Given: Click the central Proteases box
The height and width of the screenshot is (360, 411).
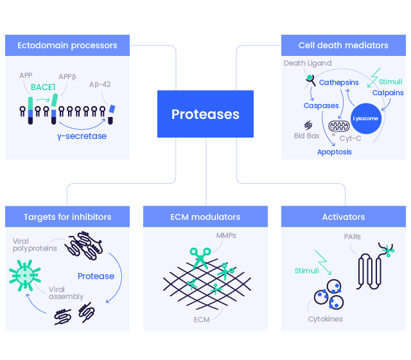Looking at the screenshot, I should point(205,114).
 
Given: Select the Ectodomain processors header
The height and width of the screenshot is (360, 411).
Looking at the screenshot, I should point(67,46).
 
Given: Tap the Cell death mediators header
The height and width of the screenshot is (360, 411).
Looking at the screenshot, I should point(343,46).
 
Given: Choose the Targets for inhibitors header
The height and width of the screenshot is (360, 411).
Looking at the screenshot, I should point(67,217).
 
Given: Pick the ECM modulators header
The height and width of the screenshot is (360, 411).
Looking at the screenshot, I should point(205,217).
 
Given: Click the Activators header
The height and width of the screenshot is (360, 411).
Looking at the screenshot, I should point(343,217).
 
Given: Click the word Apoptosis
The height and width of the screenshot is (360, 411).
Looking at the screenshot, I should point(334,152).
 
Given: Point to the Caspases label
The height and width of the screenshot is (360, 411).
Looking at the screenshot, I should point(321,105).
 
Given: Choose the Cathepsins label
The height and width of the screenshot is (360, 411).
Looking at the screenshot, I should point(338,83).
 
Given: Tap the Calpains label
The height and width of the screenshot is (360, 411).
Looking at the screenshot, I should point(388,93).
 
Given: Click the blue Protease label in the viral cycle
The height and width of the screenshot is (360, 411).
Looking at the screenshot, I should point(96,276).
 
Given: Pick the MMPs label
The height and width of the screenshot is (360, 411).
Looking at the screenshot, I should point(226,236).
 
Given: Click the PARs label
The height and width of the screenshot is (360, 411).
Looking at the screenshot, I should point(352,237).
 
